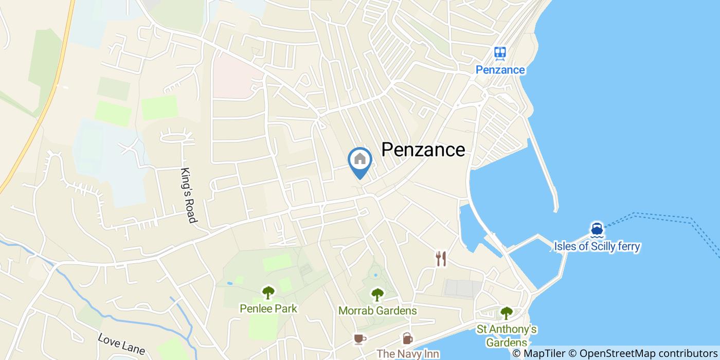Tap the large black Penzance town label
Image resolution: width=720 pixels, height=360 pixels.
pos(423,150)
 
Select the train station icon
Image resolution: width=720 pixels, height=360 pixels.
pos(500,53)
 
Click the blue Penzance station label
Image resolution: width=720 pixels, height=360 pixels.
pos(500,70)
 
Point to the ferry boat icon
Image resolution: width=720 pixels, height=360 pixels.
pos(597,228)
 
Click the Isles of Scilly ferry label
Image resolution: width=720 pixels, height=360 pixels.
pos(597,246)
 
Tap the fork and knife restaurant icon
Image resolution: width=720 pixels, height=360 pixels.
pos(441,259)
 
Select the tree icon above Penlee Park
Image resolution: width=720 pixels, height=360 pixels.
pos(268,293)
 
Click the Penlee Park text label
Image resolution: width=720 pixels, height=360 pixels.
pos(268,309)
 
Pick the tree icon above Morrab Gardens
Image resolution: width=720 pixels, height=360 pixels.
pos(377,295)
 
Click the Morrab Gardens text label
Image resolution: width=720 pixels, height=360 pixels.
pos(377,311)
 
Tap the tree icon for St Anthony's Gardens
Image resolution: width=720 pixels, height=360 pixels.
pos(507,313)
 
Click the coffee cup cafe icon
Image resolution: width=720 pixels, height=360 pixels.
pos(359,338)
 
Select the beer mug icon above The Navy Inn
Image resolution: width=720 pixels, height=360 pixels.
pos(407,338)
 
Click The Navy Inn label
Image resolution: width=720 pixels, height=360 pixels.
pos(408,354)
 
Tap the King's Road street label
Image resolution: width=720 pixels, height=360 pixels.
pos(189,195)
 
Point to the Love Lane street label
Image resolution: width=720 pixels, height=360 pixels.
pos(121,344)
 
